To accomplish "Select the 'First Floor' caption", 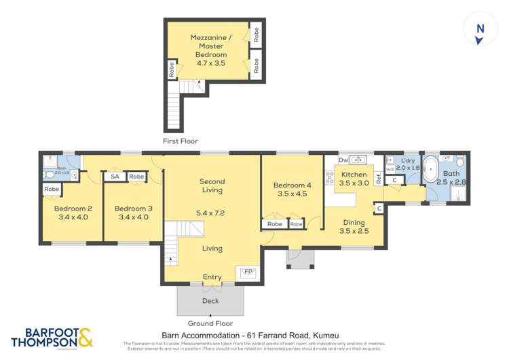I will [x=180, y=141].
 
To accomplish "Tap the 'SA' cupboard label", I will [x=114, y=177].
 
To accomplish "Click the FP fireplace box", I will [x=248, y=271].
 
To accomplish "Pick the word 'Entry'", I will [x=212, y=277].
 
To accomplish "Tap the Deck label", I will [x=210, y=300].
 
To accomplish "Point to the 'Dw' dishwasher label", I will [x=343, y=160].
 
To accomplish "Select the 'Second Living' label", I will [x=212, y=185].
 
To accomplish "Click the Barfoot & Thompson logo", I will [x=52, y=338].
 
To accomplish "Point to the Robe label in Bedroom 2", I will [x=51, y=189].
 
